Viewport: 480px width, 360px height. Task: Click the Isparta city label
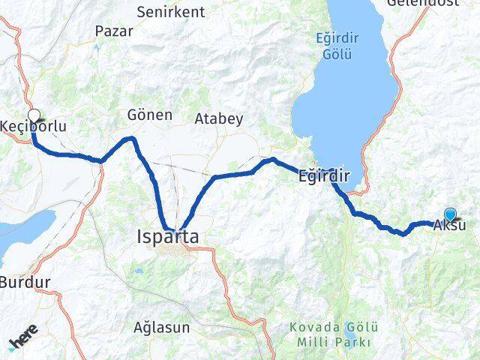point(168,237)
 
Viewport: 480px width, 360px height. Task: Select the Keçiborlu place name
point(34,127)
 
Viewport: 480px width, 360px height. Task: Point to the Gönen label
point(150,115)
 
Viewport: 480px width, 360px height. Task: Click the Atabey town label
point(219,118)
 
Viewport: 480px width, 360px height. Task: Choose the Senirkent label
point(171,12)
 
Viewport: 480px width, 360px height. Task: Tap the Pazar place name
point(114,31)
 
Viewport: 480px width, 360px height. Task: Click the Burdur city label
point(25,283)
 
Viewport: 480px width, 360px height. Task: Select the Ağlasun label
point(161,328)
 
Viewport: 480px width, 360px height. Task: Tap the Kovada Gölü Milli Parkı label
point(331,335)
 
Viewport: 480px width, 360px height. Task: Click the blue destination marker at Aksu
point(450,214)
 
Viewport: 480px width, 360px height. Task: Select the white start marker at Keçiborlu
point(34,115)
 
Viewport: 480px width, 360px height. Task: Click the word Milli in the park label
point(310,343)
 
